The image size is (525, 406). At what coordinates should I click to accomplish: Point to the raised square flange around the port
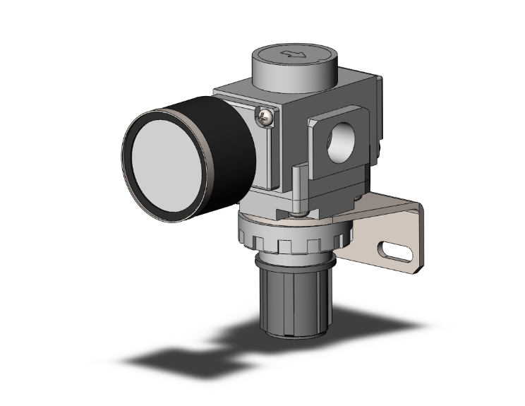[326, 157]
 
